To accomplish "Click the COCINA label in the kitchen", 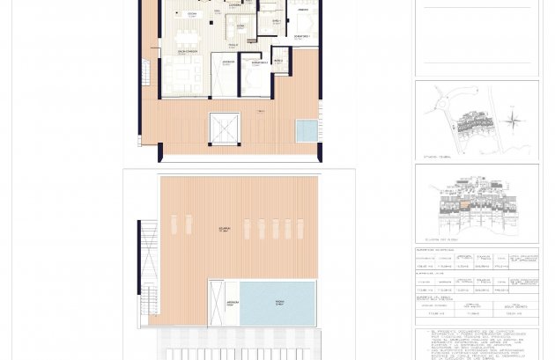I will (x=192, y=14).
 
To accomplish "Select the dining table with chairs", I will (x=186, y=38).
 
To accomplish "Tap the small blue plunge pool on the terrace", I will (x=307, y=130).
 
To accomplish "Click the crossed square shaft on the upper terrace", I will (x=225, y=128).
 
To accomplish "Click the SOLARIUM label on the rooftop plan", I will (x=226, y=228).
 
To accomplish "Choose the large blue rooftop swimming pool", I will (x=277, y=303).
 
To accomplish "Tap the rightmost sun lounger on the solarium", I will (x=300, y=228).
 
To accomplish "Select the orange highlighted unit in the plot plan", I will (x=464, y=203).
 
